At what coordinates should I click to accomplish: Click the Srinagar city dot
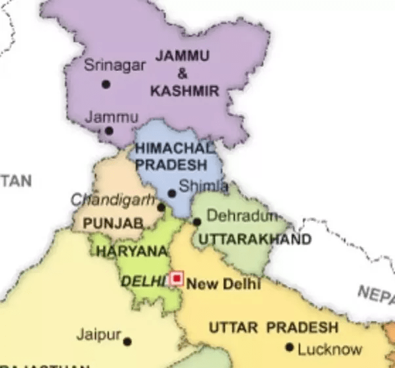(106, 84)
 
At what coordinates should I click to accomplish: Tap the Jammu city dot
(109, 131)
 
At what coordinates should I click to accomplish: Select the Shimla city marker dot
(172, 193)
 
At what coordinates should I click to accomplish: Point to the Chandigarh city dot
(161, 207)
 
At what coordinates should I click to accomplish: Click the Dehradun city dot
(197, 222)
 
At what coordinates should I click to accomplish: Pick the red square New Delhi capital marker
(176, 279)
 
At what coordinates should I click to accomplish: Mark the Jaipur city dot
(127, 341)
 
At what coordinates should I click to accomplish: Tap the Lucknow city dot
(289, 346)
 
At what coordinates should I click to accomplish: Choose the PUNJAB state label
(113, 224)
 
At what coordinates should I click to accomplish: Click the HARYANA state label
(132, 251)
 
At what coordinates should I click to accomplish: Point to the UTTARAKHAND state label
(255, 239)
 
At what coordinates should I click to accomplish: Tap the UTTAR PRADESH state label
(274, 327)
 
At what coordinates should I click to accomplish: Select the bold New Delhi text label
(224, 284)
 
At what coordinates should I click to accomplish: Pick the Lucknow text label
(329, 349)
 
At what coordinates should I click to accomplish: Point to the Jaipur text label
(99, 335)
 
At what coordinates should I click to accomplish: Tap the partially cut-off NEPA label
(377, 295)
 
